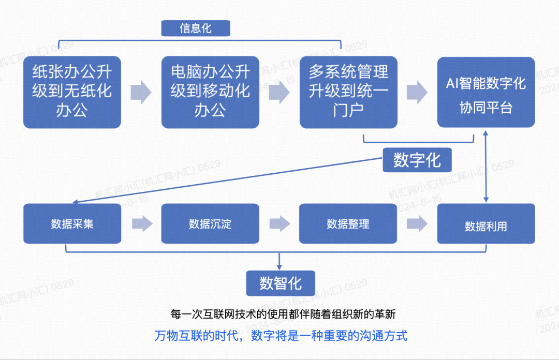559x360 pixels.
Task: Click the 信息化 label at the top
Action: coord(195,28)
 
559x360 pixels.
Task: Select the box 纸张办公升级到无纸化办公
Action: coord(72,92)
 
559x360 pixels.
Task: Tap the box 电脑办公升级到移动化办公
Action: coord(210,92)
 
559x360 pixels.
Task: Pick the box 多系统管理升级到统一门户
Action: coord(348,92)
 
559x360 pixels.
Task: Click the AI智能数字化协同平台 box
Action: coord(486,92)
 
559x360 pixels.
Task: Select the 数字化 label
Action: coord(417,160)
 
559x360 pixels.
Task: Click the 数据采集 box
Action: coord(72,223)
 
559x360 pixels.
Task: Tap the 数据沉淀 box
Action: coord(210,223)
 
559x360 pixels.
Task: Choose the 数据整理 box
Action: coord(348,223)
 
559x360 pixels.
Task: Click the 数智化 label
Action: coord(280,283)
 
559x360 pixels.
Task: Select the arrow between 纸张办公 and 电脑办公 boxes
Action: coord(141,92)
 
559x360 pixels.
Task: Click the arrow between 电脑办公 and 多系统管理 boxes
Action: coord(279,92)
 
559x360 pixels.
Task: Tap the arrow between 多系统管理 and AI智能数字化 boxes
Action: coord(417,92)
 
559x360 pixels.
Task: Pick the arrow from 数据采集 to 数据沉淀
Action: coord(141,223)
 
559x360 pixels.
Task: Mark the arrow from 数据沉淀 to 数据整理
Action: coord(279,223)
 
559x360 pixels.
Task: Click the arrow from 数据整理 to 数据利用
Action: coord(417,223)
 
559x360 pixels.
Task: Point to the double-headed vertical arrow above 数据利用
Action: coord(486,166)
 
